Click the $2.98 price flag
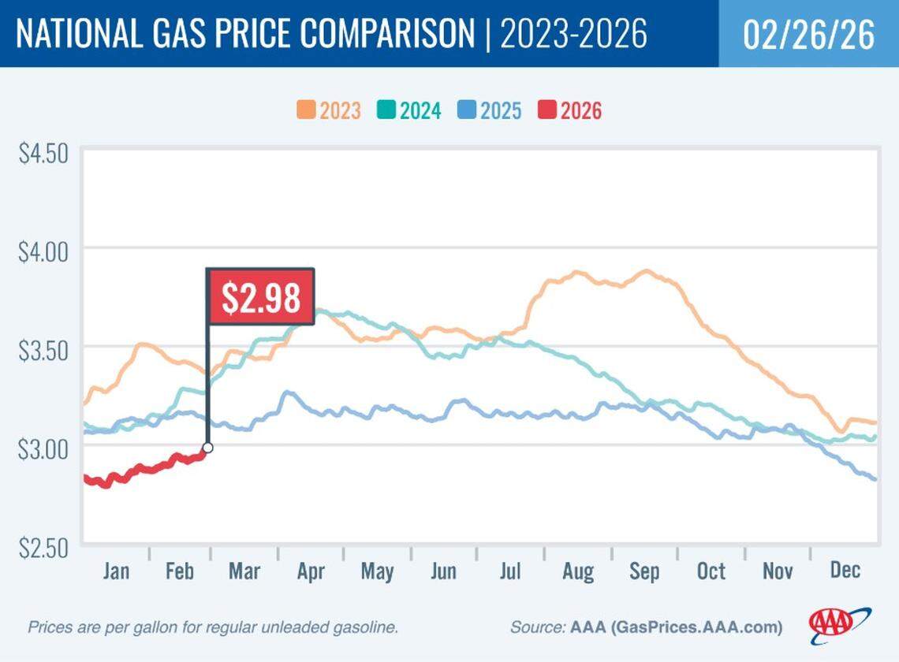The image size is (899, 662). pos(260,296)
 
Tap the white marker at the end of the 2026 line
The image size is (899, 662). pos(207,448)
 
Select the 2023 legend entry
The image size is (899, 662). pos(329,110)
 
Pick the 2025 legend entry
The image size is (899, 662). pos(489,110)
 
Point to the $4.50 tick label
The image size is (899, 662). pos(43,152)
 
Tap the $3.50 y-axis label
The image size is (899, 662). pos(43,348)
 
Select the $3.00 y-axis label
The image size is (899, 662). pos(43,447)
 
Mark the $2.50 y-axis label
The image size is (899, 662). pos(43,545)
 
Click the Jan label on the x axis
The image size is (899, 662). pos(116,571)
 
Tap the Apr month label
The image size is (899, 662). pos(310,571)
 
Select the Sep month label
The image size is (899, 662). pos(644,571)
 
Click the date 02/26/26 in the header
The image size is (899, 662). pos(809,35)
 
